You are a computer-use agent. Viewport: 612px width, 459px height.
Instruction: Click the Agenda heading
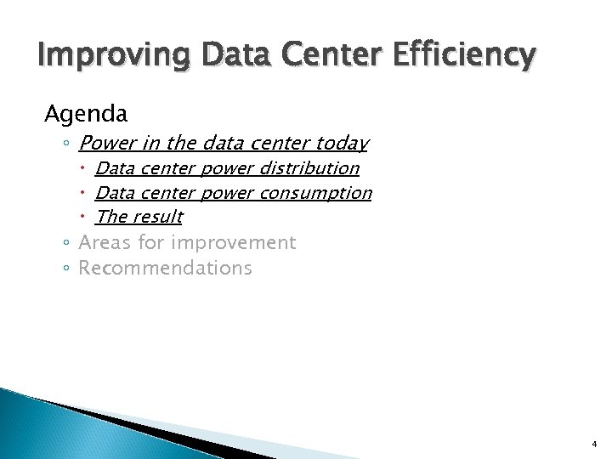(x=86, y=113)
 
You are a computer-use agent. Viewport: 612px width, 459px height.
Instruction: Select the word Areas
(x=105, y=242)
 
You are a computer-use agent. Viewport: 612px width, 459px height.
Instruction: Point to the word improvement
(x=233, y=242)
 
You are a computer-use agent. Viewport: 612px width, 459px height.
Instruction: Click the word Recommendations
(x=165, y=268)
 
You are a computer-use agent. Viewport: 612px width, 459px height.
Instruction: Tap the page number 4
(x=594, y=444)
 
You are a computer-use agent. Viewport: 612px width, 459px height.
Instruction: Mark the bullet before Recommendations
(x=67, y=269)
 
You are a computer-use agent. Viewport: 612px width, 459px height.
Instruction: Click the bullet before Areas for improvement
(x=67, y=243)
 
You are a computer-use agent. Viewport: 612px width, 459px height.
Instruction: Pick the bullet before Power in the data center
(x=67, y=144)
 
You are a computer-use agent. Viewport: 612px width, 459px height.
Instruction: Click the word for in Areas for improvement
(x=151, y=242)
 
